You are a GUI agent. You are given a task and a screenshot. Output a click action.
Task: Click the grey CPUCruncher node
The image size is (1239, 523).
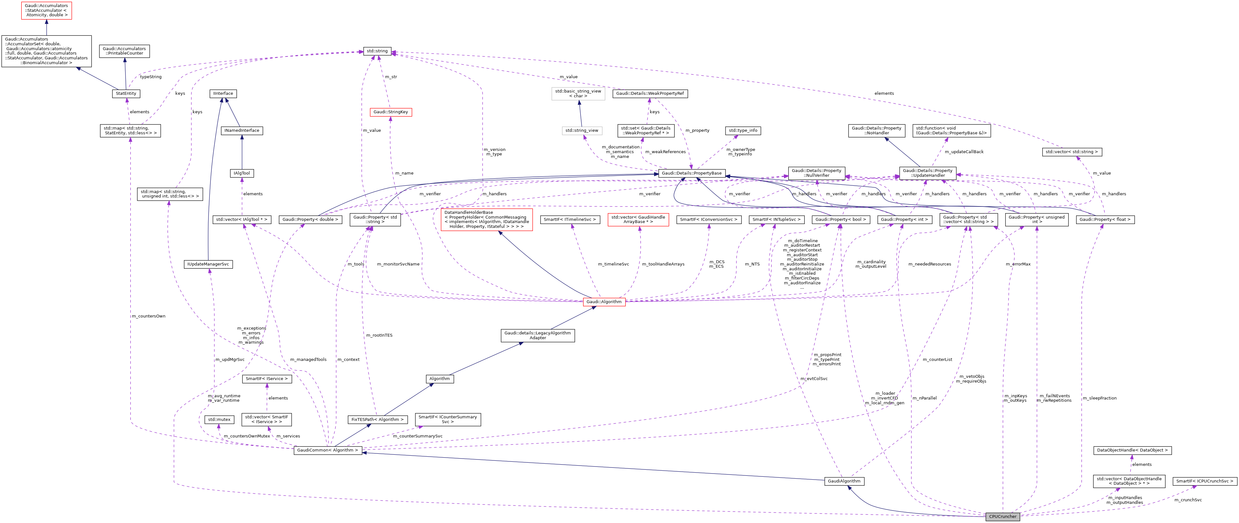click(x=1002, y=516)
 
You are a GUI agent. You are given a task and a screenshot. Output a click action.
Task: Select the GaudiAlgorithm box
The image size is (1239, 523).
click(x=844, y=481)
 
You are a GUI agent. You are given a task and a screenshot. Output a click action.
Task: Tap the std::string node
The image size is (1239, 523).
click(x=377, y=51)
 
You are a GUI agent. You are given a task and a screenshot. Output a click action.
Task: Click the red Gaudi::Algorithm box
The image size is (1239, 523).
click(x=604, y=302)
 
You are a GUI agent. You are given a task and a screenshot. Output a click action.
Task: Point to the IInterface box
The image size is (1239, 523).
click(x=223, y=94)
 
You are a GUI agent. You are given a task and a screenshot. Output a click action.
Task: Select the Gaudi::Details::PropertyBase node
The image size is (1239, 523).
click(x=691, y=173)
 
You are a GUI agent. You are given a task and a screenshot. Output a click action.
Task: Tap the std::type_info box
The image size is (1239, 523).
click(x=743, y=130)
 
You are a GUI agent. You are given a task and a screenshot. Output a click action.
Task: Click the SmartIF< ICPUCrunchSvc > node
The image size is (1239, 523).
click(x=1205, y=481)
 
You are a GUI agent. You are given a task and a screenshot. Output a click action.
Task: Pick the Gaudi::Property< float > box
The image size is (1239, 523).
click(x=1105, y=219)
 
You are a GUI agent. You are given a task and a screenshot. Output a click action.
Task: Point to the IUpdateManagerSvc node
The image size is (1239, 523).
click(x=208, y=265)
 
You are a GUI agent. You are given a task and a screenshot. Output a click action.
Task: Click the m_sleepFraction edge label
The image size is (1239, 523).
click(x=1099, y=398)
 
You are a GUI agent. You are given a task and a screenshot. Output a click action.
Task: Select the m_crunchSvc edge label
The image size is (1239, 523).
click(x=1188, y=500)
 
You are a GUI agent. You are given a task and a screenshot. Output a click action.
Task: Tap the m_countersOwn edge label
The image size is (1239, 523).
click(x=148, y=316)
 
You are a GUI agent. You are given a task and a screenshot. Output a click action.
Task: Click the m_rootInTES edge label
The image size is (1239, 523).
click(x=379, y=335)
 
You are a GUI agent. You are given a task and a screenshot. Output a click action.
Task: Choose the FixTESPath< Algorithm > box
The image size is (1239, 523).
click(x=377, y=420)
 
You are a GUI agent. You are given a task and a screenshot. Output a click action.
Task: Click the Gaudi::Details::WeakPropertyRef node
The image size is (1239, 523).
click(x=650, y=93)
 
